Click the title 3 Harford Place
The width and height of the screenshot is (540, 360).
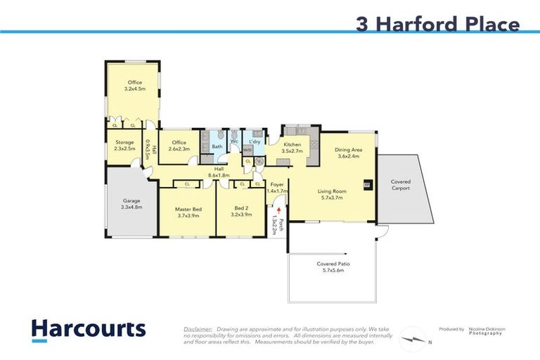coord(437,25)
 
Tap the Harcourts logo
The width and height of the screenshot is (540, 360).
coord(88,329)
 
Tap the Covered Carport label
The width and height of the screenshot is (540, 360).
coord(401,185)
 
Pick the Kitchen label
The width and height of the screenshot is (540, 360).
coord(292,145)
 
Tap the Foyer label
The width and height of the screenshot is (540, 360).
coord(277,184)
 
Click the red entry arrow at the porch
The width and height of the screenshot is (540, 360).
coord(280,210)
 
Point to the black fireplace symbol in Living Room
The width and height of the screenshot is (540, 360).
coord(367,186)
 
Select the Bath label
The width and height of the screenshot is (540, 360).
coord(217,147)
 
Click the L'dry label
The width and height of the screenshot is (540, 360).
coord(255,141)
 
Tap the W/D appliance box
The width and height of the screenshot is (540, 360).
coord(247,150)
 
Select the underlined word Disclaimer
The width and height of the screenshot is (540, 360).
coord(198,329)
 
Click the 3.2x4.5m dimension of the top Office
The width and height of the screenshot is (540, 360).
coord(135,89)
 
